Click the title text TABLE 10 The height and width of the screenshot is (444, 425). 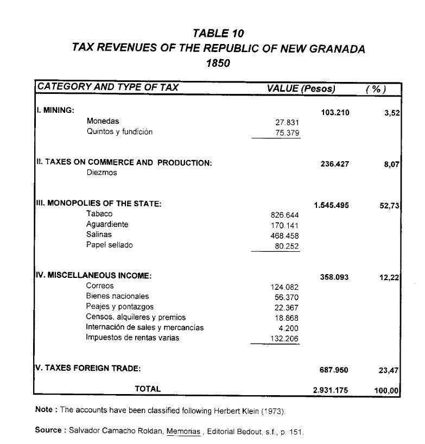218,34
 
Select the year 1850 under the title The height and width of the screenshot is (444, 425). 218,63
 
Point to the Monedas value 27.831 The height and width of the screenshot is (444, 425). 288,123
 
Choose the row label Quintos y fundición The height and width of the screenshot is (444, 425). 119,132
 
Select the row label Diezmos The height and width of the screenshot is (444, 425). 102,173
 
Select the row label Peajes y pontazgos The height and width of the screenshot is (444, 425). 120,307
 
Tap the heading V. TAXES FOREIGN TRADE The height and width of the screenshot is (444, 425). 87,369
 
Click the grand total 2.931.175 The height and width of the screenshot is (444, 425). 331,390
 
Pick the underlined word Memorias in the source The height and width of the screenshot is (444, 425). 182,432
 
